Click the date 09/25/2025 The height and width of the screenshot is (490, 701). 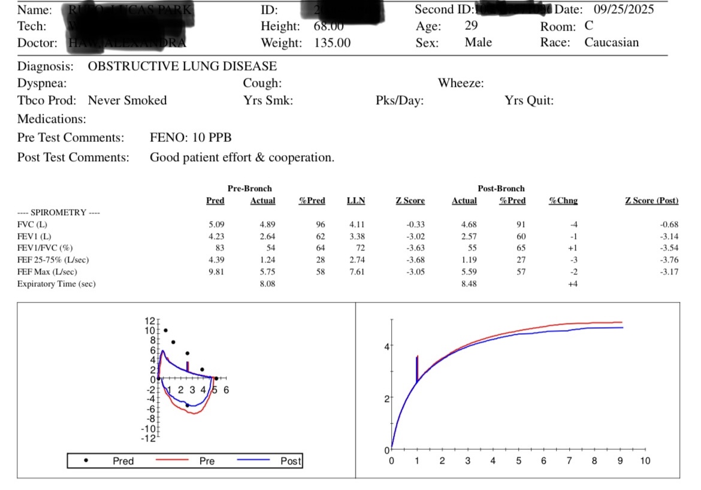tap(624, 10)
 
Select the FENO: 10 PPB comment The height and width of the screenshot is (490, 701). tap(191, 138)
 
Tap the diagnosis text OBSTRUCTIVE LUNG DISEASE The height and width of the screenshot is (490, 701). tap(182, 66)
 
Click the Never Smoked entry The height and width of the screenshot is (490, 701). tap(127, 101)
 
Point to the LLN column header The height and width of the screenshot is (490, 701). tap(356, 201)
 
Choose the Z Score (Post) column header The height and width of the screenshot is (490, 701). tap(652, 201)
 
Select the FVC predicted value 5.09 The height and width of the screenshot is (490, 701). tap(216, 225)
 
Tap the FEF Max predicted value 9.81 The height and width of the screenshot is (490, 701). tap(216, 272)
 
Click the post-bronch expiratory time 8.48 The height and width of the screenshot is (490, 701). tap(464, 284)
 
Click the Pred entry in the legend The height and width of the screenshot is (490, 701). tap(123, 461)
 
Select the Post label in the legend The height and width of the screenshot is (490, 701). tap(291, 461)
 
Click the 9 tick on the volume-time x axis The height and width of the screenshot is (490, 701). tap(620, 461)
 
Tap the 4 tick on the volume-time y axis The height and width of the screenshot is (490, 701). tap(386, 346)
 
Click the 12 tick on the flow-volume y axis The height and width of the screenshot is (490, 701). tap(149, 320)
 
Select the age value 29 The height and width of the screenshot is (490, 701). tap(471, 26)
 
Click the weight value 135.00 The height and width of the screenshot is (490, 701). tap(332, 43)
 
